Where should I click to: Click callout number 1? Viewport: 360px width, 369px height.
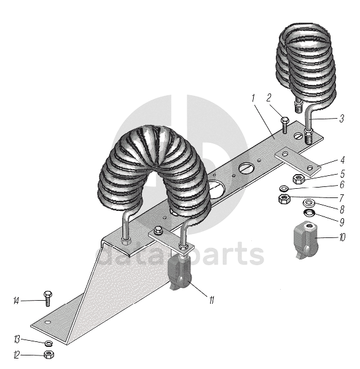[x=253, y=98]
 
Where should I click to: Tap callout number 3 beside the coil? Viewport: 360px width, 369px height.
[x=342, y=118]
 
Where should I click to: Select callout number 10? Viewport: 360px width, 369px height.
[x=342, y=237]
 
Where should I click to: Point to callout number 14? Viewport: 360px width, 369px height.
[x=16, y=301]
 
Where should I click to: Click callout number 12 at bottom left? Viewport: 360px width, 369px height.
[x=16, y=355]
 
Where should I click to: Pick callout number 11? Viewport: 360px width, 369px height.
[x=211, y=300]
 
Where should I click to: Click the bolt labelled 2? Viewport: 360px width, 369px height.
[x=284, y=125]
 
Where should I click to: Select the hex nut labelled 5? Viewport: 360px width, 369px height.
[x=299, y=179]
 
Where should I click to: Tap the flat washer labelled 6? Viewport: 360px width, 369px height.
[x=284, y=189]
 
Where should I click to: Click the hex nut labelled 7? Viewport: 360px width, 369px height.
[x=284, y=199]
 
